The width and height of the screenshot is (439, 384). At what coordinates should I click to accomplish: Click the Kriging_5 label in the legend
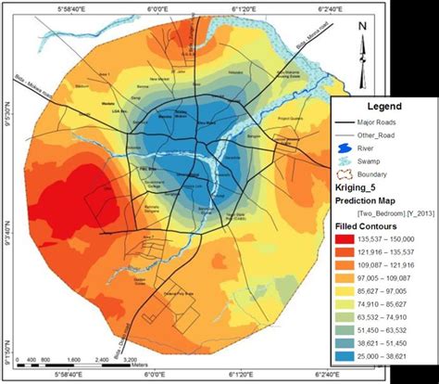click(x=357, y=187)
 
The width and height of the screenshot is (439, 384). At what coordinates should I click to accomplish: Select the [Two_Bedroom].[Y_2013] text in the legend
click(x=383, y=211)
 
